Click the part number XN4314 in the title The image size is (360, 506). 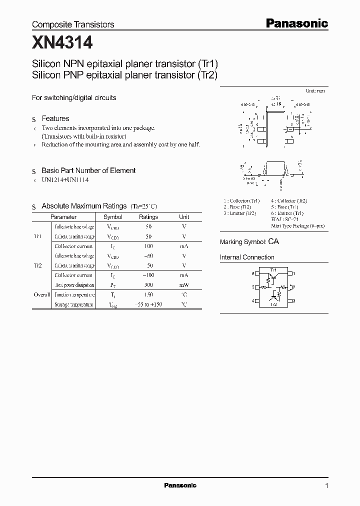[62, 43]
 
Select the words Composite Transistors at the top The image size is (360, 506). [73, 24]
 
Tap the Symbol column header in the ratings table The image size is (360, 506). [112, 217]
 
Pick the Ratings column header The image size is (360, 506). [148, 217]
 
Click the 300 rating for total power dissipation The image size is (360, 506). [148, 285]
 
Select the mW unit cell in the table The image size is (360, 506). [184, 285]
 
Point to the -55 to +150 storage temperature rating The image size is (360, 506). [148, 304]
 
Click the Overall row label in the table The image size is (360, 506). [42, 295]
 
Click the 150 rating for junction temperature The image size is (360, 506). [148, 295]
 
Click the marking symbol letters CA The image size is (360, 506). [273, 241]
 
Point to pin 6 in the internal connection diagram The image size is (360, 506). [253, 273]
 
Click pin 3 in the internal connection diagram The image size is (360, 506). [294, 300]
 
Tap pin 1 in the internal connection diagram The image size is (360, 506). [294, 273]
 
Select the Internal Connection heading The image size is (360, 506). [247, 257]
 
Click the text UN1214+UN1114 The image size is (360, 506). [65, 180]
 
